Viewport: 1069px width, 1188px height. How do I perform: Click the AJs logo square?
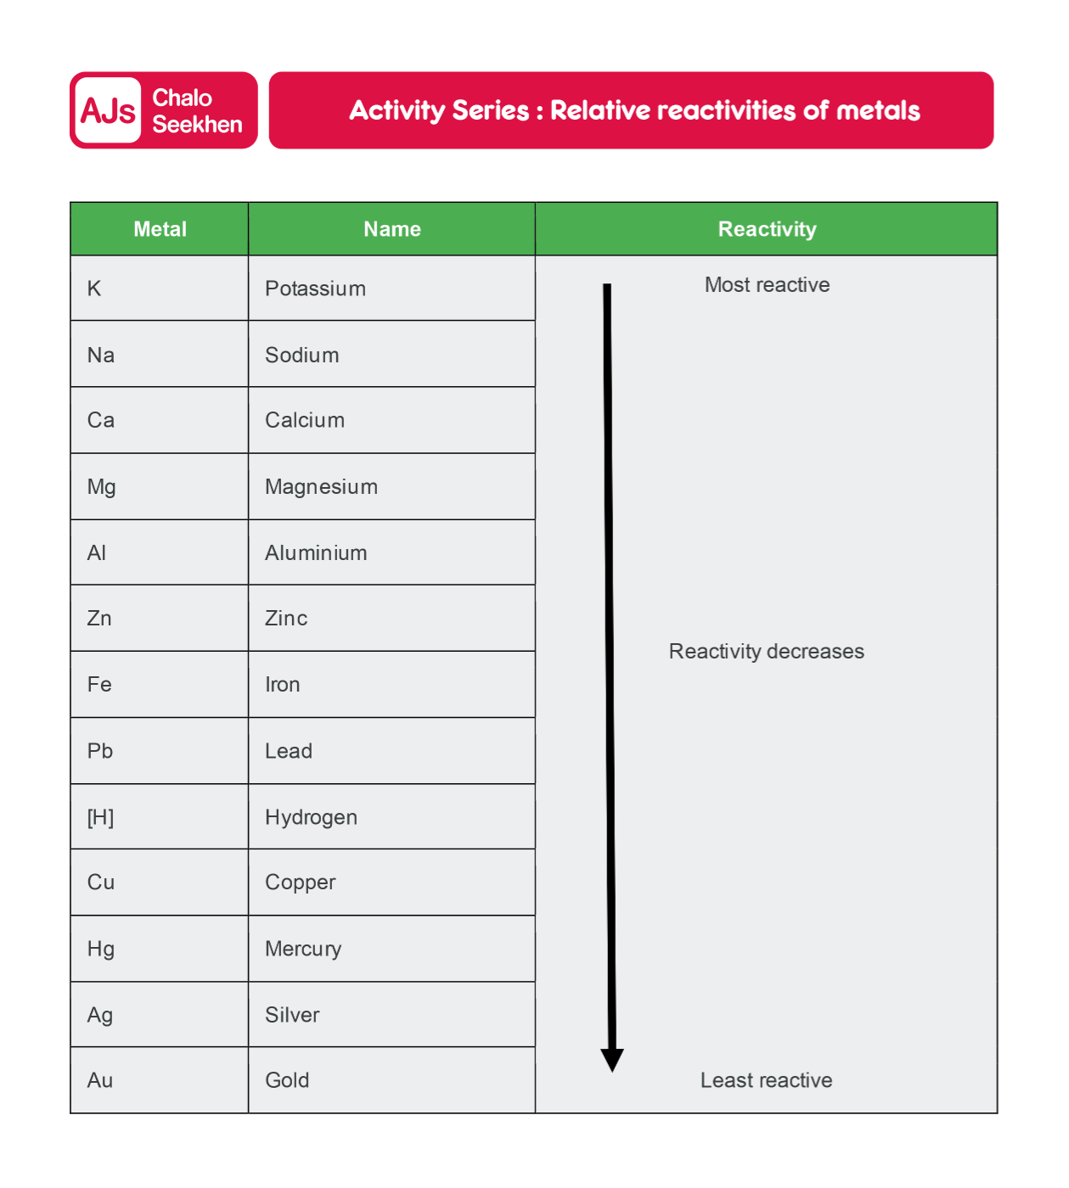click(x=108, y=110)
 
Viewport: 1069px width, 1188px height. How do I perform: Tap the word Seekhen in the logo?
click(x=197, y=125)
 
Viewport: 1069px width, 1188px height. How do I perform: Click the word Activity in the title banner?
click(x=397, y=110)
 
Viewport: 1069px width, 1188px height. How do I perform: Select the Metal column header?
click(x=160, y=229)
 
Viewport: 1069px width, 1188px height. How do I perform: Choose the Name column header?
click(x=391, y=229)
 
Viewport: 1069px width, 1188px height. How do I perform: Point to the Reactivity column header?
click(x=767, y=229)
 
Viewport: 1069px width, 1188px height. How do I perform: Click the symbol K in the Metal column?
click(x=94, y=289)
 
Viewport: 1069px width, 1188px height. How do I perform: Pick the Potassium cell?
click(x=315, y=289)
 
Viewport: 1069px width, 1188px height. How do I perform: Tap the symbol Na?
click(x=100, y=355)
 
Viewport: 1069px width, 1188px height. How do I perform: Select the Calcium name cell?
click(x=305, y=420)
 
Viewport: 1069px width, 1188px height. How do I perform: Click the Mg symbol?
click(x=101, y=487)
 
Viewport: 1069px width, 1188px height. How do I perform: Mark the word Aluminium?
click(x=316, y=553)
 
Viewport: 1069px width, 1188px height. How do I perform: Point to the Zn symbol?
click(x=99, y=619)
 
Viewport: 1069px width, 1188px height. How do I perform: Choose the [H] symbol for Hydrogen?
click(x=100, y=817)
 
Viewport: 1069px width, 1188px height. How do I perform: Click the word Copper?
click(x=300, y=883)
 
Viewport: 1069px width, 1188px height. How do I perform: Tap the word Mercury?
click(x=303, y=949)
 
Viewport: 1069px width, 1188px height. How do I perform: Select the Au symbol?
click(x=99, y=1080)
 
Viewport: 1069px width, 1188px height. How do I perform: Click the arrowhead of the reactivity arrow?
click(x=612, y=1060)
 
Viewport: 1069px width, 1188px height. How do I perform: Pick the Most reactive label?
click(x=767, y=285)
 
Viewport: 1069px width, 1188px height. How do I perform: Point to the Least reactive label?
click(x=766, y=1080)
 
